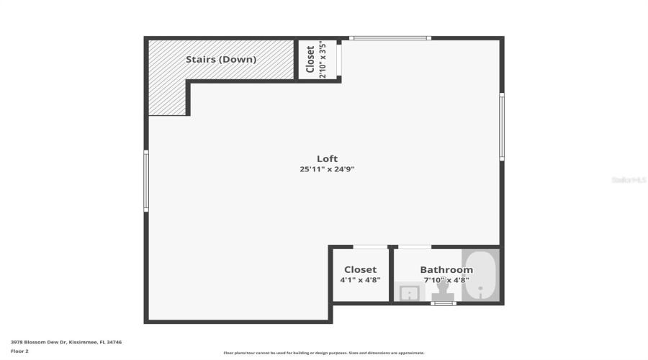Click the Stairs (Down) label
pos(220,60)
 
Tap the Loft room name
pos(327,159)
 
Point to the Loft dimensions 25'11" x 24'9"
pos(327,170)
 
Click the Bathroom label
pos(446,270)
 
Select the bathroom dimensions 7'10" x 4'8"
pos(446,280)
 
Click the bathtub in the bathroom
pos(480,276)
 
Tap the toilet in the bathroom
pos(443,292)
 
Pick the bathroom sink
pos(409,293)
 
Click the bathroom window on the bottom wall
pos(444,304)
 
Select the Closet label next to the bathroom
pos(360,270)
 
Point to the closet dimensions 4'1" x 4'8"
pos(360,280)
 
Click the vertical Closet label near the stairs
pos(311,59)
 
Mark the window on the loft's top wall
pos(390,38)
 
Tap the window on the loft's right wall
pos(501,127)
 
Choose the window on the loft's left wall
pos(146,181)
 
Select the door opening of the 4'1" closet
pos(370,247)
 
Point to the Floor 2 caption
pos(19,351)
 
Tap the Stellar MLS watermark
pos(628,180)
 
